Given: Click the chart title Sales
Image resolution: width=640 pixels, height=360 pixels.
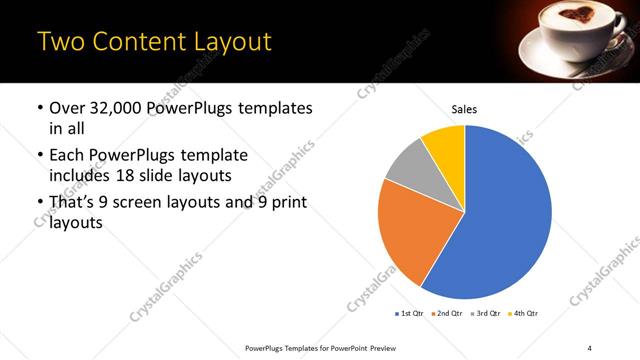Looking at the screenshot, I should [x=465, y=107].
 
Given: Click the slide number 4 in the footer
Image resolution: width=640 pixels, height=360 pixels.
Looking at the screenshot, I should [x=590, y=347].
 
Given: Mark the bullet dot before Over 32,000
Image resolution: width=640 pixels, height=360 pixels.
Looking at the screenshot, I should [x=39, y=108].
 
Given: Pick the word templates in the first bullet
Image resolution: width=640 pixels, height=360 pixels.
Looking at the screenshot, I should [x=274, y=108].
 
